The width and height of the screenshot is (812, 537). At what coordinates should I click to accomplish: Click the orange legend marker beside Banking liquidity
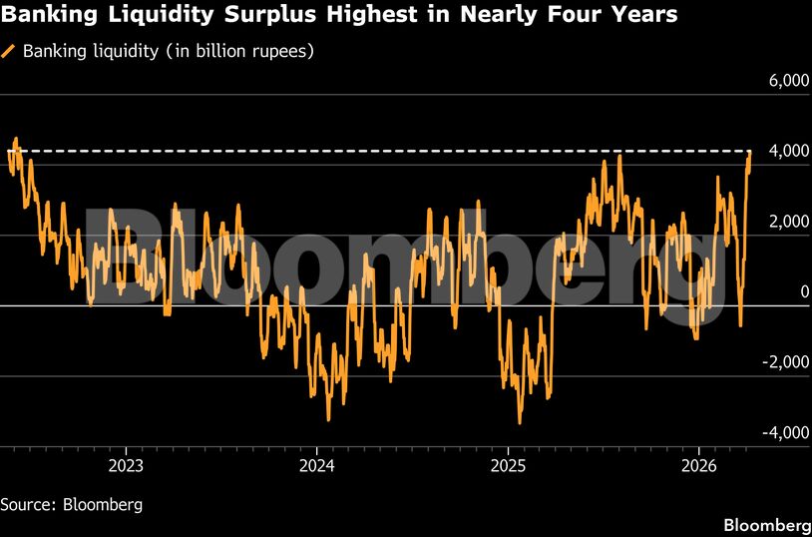point(10,50)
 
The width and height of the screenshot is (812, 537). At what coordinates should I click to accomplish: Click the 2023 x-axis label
point(125,465)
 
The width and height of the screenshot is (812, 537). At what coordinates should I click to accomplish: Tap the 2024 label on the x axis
point(316,465)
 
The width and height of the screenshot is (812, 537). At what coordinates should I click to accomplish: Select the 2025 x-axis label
point(508,465)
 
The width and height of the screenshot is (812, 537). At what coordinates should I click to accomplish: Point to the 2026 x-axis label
point(699,465)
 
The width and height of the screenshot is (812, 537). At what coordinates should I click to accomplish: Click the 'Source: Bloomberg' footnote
point(72,504)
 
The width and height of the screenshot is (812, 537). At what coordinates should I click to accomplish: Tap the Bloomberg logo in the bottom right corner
point(765,525)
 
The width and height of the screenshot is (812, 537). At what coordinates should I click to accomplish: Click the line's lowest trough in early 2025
point(519,422)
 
